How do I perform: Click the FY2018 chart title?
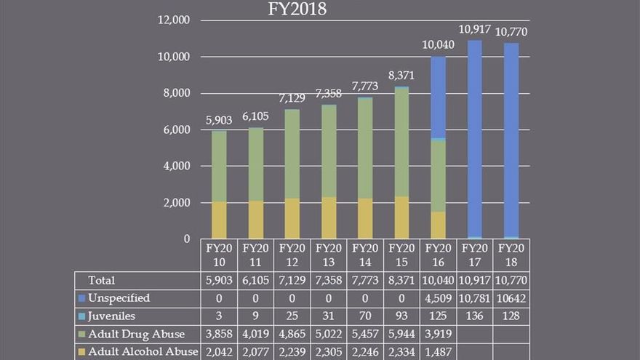pos(295,9)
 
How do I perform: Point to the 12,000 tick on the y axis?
pos(173,20)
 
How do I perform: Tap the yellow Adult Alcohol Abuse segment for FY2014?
pos(365,218)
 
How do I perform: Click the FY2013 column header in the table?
pos(329,255)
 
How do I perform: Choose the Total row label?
pos(102,280)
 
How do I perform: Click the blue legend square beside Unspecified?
pos(81,298)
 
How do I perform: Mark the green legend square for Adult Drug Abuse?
pos(81,335)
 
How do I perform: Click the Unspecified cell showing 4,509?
pos(439,298)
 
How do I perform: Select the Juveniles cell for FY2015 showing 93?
pos(402,316)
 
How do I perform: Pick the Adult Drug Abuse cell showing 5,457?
pos(366,335)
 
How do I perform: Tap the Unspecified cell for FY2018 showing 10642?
pos(511,298)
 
